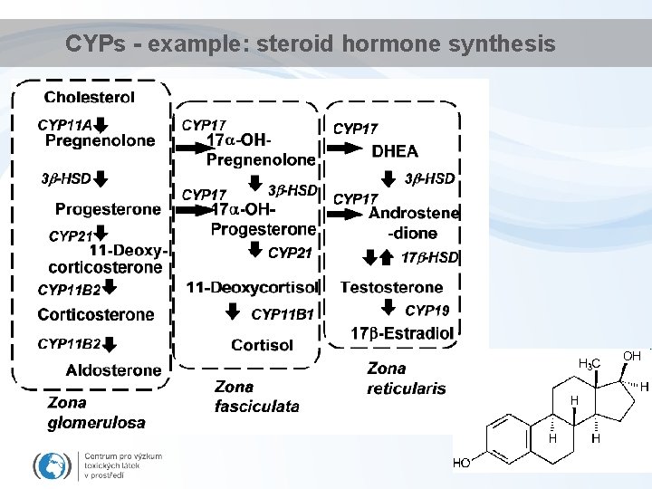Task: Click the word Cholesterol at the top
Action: (89, 97)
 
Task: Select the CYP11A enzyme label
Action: (64, 124)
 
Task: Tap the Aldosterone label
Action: (113, 369)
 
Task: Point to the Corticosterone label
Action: (96, 314)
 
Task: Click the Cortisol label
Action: (262, 345)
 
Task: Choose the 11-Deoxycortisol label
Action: (252, 287)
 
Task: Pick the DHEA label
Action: (395, 151)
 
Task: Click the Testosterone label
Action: (391, 287)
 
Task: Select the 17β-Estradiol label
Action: (402, 333)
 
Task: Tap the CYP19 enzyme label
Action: (427, 311)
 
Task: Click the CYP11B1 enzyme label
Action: (282, 314)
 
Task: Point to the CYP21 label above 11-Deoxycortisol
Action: (290, 254)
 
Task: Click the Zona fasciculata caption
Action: (256, 397)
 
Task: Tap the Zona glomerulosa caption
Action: (96, 412)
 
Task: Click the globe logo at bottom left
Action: (51, 465)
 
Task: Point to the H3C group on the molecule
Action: (589, 364)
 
